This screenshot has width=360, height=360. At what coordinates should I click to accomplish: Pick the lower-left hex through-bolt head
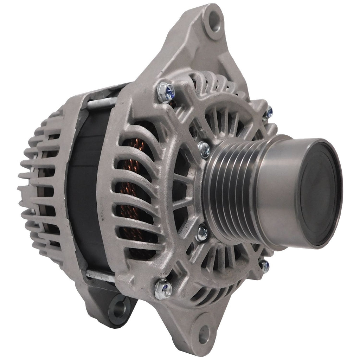click(x=163, y=289)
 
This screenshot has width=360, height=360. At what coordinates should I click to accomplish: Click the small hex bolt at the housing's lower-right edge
click(x=264, y=265)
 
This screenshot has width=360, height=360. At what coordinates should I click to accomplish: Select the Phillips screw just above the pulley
click(x=204, y=149)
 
